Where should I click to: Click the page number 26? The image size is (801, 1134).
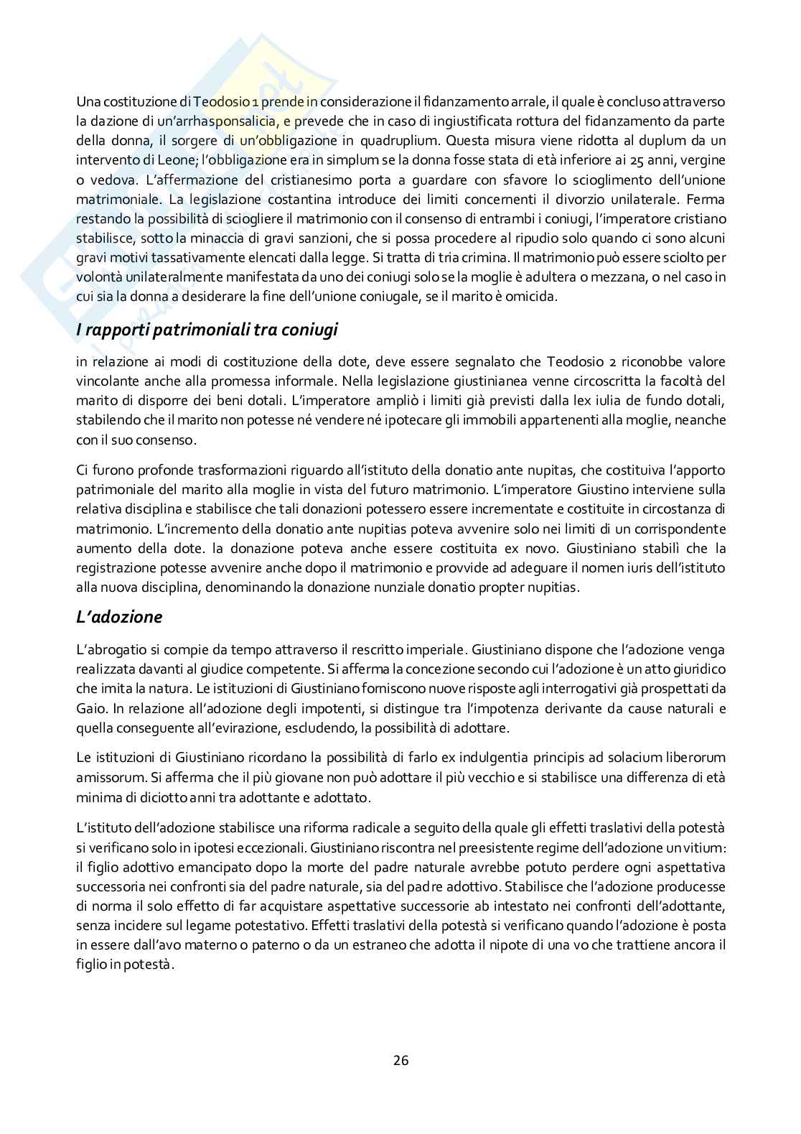pyautogui.click(x=400, y=1060)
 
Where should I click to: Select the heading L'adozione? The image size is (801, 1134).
pyautogui.click(x=119, y=617)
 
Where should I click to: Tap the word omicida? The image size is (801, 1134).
pyautogui.click(x=531, y=296)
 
